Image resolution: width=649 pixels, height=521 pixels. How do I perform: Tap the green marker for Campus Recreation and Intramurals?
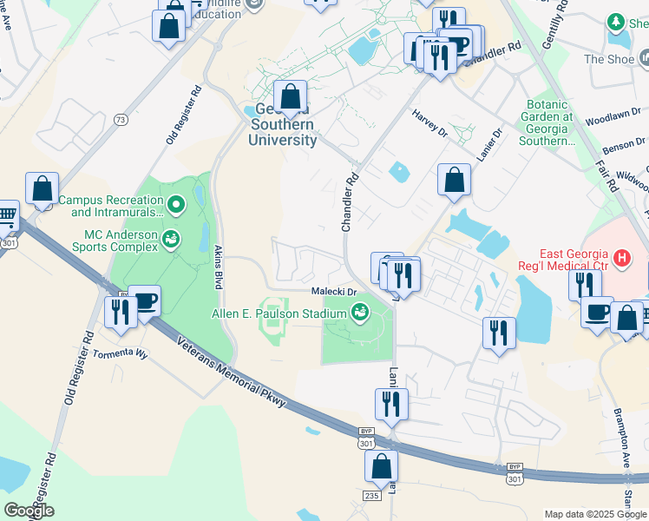pyautogui.click(x=177, y=206)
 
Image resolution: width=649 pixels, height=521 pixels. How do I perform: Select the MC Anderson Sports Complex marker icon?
pyautogui.click(x=171, y=235)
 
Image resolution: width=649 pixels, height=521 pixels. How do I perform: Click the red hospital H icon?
pyautogui.click(x=621, y=258)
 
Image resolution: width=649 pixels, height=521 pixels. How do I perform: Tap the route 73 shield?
pyautogui.click(x=121, y=120)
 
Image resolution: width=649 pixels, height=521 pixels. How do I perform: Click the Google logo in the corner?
pyautogui.click(x=29, y=511)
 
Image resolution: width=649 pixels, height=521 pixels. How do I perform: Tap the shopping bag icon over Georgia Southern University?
pyautogui.click(x=291, y=96)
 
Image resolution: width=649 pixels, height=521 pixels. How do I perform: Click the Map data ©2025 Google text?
pyautogui.click(x=595, y=514)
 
